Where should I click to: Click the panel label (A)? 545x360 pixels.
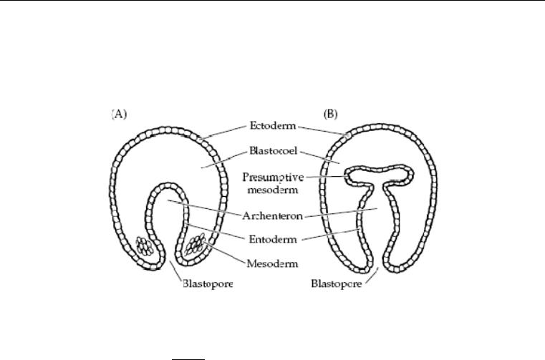119,114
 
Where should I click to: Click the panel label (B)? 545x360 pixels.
331,114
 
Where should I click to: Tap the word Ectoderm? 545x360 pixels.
273,125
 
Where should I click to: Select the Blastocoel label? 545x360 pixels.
273,151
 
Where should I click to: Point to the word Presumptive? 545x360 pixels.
273,177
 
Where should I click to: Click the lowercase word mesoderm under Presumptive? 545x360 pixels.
273,190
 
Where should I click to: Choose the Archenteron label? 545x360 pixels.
272,216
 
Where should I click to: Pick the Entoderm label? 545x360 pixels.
273,239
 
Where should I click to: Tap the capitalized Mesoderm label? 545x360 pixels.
272,264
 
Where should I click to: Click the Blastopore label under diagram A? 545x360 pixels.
208,284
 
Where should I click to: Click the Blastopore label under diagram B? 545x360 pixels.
337,283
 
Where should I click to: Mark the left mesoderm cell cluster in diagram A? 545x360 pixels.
144,246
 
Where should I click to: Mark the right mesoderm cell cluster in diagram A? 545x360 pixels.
195,244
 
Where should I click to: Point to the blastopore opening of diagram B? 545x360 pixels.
379,266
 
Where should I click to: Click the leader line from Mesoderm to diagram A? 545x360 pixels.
225,253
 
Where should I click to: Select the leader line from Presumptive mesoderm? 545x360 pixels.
327,177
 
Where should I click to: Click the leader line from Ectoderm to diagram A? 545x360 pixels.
225,132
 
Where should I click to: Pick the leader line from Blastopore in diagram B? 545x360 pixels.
372,276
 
